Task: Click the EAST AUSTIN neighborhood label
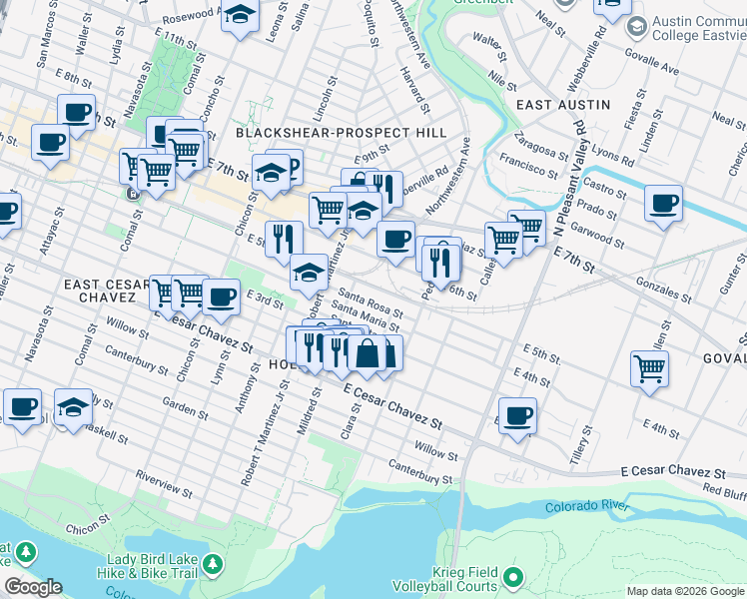563,104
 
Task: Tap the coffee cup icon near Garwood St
663,205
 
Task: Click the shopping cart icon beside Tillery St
649,368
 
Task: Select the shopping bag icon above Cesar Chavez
368,353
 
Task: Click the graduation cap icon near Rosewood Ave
240,15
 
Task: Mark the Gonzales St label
664,290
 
